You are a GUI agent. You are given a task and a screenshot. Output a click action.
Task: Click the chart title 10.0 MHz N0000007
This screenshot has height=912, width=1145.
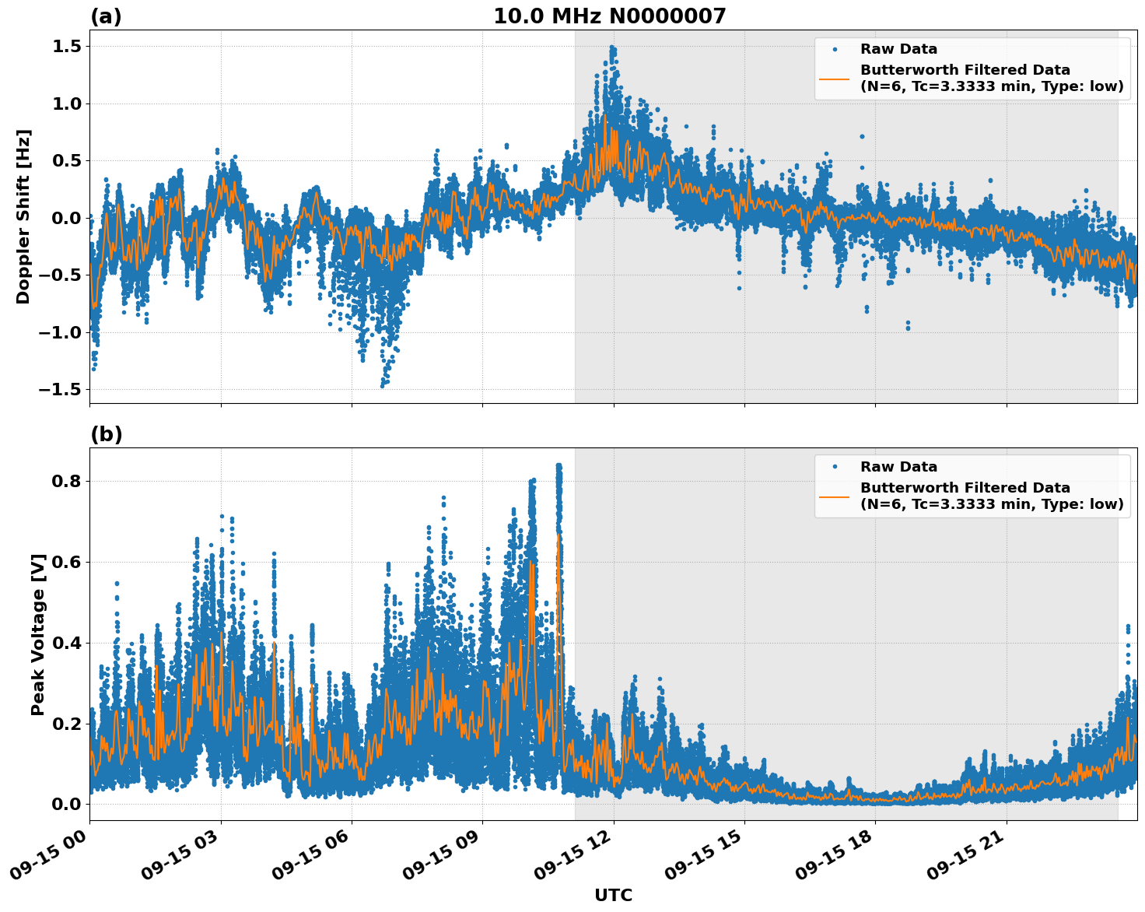pyautogui.click(x=609, y=16)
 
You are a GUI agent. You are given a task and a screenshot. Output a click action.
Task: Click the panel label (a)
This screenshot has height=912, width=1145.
pyautogui.click(x=106, y=16)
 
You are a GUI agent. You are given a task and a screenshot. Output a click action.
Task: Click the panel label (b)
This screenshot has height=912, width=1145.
pyautogui.click(x=106, y=434)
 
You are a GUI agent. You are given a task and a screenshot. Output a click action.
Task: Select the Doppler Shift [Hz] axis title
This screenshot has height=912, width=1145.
pyautogui.click(x=23, y=216)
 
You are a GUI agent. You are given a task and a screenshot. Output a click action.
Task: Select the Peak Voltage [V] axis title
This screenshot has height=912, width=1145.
pyautogui.click(x=38, y=634)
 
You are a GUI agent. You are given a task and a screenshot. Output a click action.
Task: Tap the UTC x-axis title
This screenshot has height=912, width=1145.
pyautogui.click(x=613, y=895)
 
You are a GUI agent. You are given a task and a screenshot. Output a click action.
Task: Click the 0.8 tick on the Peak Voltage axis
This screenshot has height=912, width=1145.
pyautogui.click(x=65, y=481)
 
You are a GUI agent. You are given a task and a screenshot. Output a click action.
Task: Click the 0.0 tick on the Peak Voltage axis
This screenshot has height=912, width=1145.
pyautogui.click(x=65, y=804)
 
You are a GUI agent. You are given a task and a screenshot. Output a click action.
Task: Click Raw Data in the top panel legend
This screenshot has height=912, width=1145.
pyautogui.click(x=898, y=49)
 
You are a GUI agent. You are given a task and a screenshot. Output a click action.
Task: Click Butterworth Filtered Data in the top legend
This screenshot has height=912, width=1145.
pyautogui.click(x=965, y=70)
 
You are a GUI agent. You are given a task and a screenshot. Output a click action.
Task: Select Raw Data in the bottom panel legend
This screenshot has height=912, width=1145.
pyautogui.click(x=898, y=467)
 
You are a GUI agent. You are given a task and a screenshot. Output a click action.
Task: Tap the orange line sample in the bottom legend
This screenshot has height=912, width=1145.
pyautogui.click(x=834, y=496)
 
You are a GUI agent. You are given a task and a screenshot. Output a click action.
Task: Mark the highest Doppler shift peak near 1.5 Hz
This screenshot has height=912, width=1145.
pyautogui.click(x=612, y=47)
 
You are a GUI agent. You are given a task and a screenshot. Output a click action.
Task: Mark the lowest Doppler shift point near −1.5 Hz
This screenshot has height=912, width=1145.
pyautogui.click(x=382, y=385)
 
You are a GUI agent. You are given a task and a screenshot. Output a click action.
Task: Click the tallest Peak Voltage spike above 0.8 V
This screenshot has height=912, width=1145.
pyautogui.click(x=558, y=465)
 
